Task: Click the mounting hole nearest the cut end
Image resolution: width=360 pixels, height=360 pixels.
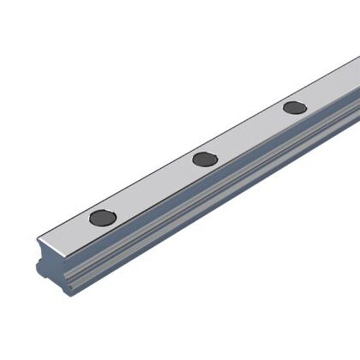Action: tap(103, 217)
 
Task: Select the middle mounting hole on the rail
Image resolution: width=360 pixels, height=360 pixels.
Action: tap(206, 159)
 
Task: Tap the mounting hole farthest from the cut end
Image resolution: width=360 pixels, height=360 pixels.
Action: tap(295, 107)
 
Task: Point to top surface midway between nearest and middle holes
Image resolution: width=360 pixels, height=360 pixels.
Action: tap(154, 189)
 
